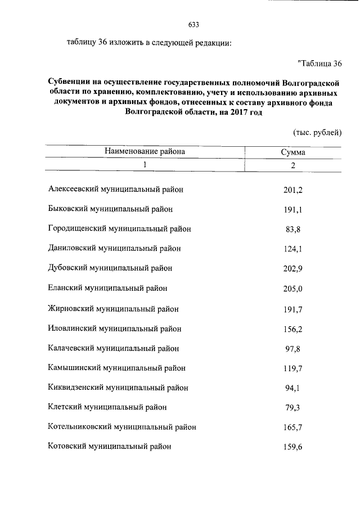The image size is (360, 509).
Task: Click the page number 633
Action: (193, 25)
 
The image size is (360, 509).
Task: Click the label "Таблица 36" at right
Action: (319, 62)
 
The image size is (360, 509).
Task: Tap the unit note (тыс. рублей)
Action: (317, 133)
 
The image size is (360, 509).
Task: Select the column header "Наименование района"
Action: (144, 151)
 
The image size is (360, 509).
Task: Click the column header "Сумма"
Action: (293, 152)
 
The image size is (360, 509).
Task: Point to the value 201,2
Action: (293, 190)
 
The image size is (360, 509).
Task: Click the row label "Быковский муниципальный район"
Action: (111, 209)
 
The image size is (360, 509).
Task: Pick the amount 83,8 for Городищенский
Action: (293, 229)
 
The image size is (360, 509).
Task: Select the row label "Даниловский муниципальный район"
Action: (115, 248)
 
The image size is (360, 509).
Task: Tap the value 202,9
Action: (293, 268)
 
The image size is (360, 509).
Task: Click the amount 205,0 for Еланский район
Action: (293, 289)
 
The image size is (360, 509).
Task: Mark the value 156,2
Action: (293, 328)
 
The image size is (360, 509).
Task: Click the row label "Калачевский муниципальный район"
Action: (115, 348)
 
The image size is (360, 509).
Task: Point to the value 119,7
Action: (293, 368)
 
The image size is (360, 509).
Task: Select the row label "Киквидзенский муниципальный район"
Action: (119, 388)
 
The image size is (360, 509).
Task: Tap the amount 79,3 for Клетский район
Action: (293, 408)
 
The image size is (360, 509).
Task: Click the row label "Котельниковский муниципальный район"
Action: (123, 427)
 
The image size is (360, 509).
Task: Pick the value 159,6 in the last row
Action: (293, 447)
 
